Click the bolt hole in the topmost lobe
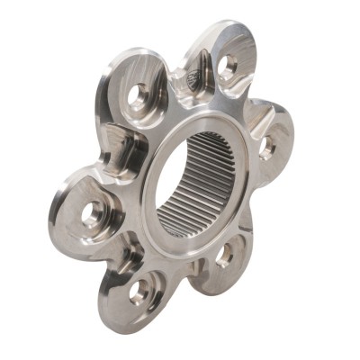(229, 65)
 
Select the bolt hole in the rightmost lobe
(267, 146)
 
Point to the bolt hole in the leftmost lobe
(92, 213)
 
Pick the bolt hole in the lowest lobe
(139, 290)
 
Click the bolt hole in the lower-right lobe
(224, 256)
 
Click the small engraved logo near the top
(193, 82)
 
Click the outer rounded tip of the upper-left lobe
(115, 72)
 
